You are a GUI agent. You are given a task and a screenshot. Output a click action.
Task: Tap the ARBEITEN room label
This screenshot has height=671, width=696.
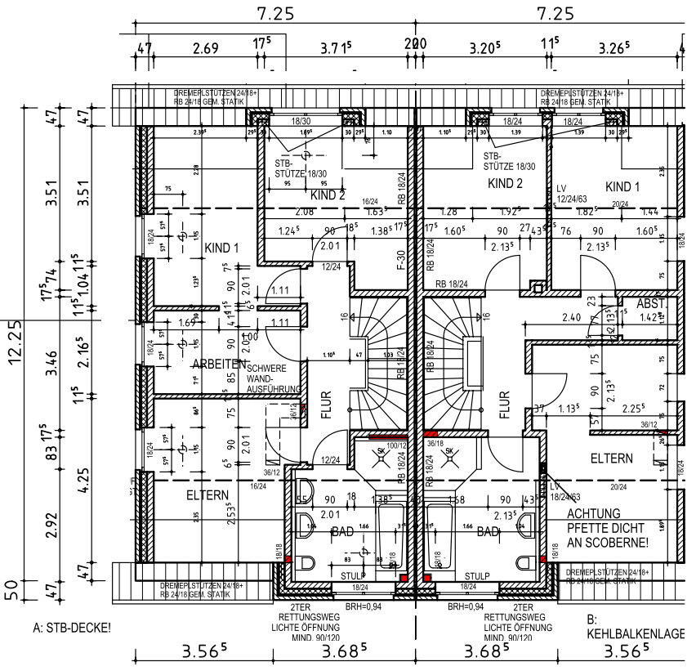click(220, 365)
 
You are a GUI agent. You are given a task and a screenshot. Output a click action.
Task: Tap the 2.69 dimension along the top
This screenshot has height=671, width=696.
click(205, 48)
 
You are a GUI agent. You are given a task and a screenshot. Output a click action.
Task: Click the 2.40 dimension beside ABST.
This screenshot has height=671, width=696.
click(572, 316)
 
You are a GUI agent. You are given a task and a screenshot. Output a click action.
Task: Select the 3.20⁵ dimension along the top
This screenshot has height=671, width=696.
click(484, 48)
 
